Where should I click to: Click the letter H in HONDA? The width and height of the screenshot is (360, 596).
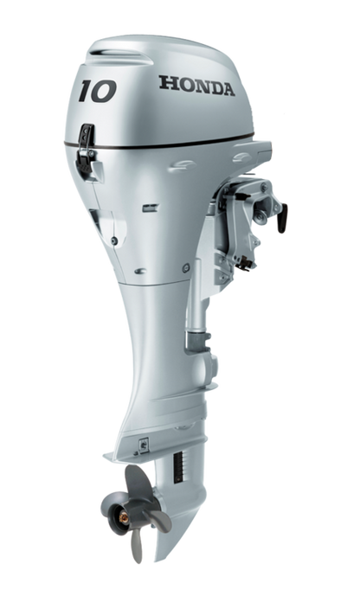click(x=164, y=84)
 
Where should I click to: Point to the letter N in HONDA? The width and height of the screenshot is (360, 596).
click(x=198, y=85)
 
